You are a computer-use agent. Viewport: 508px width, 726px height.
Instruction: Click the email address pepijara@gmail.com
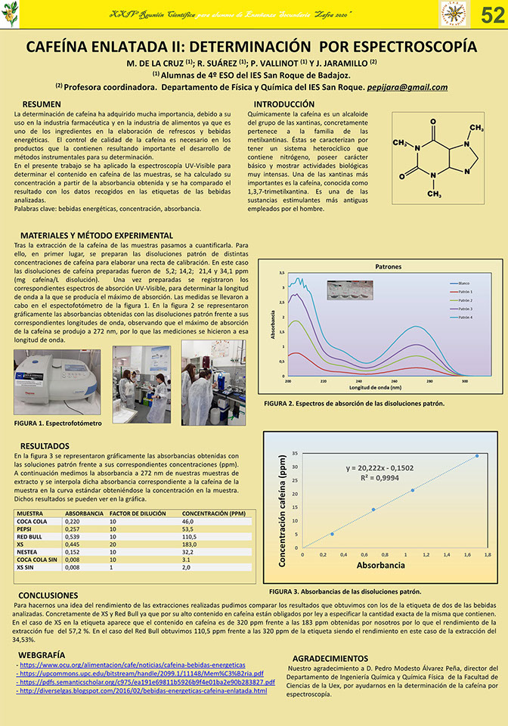404,88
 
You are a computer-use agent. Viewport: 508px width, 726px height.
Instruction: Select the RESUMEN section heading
42,104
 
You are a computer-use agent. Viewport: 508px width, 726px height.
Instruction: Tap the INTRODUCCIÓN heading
283,104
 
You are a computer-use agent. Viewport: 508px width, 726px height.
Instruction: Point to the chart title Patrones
388,267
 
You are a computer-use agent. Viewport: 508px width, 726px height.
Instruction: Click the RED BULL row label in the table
31,536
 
